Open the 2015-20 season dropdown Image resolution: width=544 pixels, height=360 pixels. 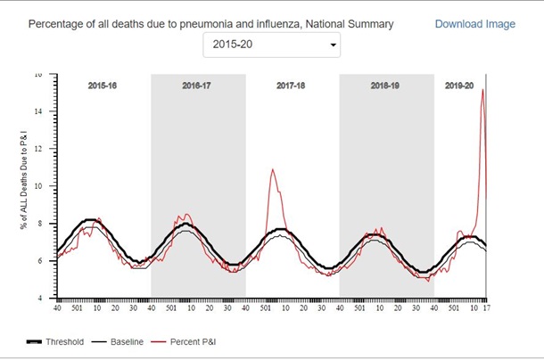click(271, 44)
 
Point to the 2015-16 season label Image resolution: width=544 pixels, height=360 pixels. click(103, 86)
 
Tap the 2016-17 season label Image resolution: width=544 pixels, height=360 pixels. click(197, 86)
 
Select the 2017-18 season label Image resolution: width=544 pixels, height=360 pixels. click(292, 86)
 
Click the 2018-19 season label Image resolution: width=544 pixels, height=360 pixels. click(386, 86)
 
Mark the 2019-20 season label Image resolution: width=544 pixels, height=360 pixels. click(460, 86)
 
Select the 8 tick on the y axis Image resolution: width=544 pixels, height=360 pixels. click(49, 224)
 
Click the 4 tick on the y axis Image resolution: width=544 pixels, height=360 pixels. click(49, 298)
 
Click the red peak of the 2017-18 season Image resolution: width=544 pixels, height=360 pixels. click(273, 168)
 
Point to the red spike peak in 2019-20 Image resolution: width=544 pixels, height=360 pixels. click(482, 90)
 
